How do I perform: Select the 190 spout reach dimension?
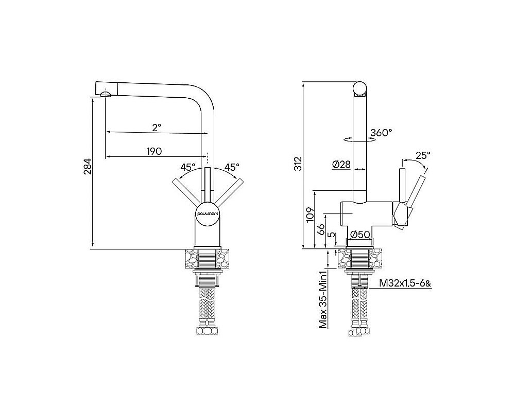point(154,151)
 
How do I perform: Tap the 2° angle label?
point(157,126)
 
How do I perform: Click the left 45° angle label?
point(187,167)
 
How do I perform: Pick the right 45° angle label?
point(231,167)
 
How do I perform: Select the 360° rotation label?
point(381,133)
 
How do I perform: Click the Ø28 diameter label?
point(341,164)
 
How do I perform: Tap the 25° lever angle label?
point(423,154)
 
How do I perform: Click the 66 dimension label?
point(320,230)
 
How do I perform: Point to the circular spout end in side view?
point(359,89)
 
